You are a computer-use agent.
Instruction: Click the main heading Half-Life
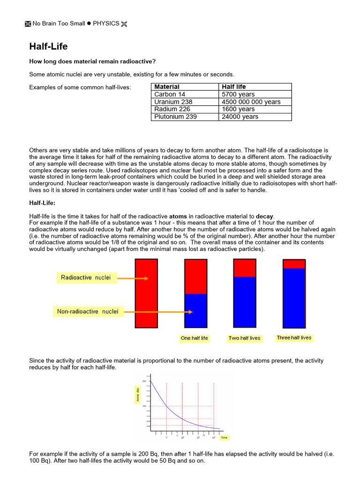(48, 46)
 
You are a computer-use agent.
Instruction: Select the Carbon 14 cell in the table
(169, 94)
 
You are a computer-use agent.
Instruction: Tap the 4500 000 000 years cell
(251, 102)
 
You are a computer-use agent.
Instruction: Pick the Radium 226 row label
(172, 109)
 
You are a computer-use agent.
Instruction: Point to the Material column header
(167, 87)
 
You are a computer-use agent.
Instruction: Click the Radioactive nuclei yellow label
(86, 277)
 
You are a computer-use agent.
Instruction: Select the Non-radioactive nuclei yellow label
(88, 311)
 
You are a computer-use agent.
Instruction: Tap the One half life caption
(194, 338)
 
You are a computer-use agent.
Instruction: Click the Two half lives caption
(244, 338)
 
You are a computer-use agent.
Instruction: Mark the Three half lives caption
(294, 337)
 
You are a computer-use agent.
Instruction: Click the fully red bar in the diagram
(146, 293)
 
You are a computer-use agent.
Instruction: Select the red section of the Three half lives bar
(294, 264)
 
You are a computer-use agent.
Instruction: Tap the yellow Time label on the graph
(225, 437)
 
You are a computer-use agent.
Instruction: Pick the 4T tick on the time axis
(213, 437)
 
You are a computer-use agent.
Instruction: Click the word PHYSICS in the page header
(105, 23)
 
